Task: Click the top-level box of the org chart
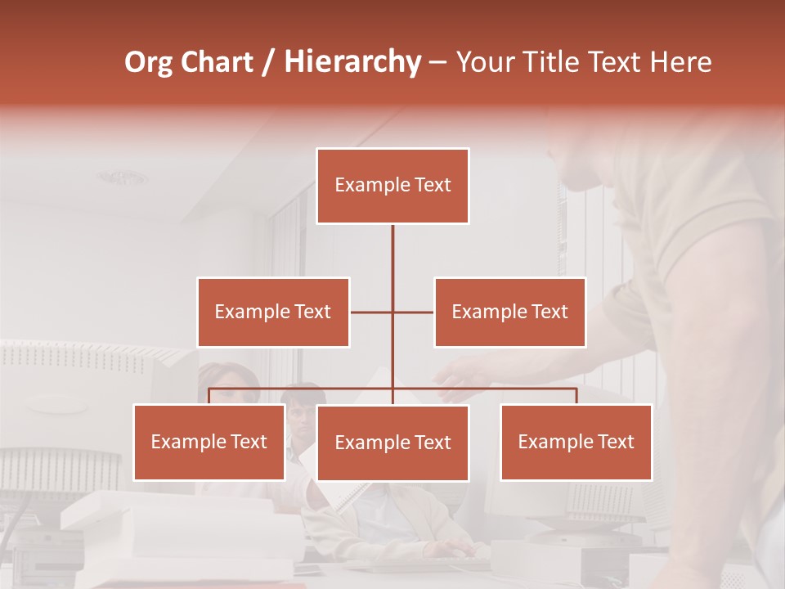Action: tap(392, 186)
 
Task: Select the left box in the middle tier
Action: tap(273, 312)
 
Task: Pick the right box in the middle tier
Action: tap(509, 312)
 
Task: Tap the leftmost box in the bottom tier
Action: tap(209, 442)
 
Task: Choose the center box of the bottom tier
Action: tap(392, 443)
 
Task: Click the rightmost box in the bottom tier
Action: tap(576, 442)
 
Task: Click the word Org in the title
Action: tap(148, 62)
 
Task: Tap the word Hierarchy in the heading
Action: tap(352, 62)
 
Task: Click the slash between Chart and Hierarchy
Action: tap(268, 62)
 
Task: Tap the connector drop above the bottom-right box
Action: tap(576, 396)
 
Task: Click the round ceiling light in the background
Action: tap(123, 178)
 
